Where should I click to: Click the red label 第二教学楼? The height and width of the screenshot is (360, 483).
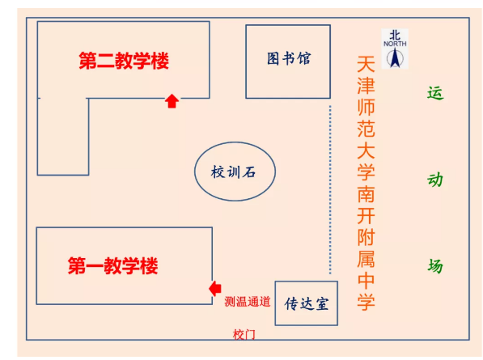pos(124,61)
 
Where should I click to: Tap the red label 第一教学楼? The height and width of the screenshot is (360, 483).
pos(112,266)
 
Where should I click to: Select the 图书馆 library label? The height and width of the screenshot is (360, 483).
pos(289,58)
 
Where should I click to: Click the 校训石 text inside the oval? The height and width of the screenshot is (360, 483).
pos(234,172)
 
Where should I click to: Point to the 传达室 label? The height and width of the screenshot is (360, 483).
pos(307,303)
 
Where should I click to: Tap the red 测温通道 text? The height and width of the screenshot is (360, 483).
pos(248,302)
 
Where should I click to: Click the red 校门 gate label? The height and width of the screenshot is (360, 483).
pos(244,334)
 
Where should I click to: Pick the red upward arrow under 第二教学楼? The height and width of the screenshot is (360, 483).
pos(172,101)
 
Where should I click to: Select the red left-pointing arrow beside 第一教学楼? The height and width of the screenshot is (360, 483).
pos(215,289)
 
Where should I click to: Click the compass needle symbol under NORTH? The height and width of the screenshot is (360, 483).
pos(395,57)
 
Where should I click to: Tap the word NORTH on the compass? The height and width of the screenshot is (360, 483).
pos(395,44)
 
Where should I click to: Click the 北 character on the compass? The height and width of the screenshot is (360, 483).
pos(395,35)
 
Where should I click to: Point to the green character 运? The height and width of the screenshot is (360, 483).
pos(435,93)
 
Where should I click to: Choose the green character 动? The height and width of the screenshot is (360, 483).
pos(435,180)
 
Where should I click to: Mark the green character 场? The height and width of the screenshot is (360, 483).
pos(435,265)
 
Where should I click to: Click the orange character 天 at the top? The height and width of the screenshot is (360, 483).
pos(366,64)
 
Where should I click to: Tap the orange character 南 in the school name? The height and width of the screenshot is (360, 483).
pos(366,194)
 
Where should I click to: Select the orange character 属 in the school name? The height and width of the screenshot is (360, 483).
pos(366,259)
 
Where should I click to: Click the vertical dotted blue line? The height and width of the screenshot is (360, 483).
pos(330,189)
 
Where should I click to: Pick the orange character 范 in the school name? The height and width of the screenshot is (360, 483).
pos(366,129)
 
